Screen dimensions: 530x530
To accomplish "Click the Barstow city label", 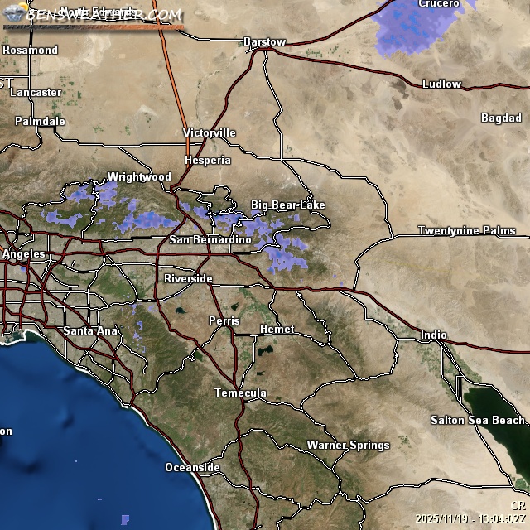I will pyautogui.click(x=264, y=41).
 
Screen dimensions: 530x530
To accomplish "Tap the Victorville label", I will pyautogui.click(x=210, y=132).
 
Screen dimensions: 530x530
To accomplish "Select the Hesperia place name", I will pyautogui.click(x=208, y=160).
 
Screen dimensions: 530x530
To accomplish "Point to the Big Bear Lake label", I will pyautogui.click(x=288, y=205).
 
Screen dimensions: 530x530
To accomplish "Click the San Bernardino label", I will pyautogui.click(x=210, y=239).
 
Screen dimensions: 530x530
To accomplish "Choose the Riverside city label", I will pyautogui.click(x=188, y=278).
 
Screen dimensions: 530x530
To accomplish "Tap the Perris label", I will pyautogui.click(x=224, y=320).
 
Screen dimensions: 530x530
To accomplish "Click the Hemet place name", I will pyautogui.click(x=277, y=329).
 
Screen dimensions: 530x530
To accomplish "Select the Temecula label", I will pyautogui.click(x=240, y=393).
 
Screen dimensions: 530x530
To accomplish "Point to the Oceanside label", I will pyautogui.click(x=192, y=468).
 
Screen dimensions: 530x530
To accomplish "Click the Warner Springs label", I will pyautogui.click(x=348, y=446).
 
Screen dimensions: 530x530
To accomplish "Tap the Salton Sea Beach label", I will pyautogui.click(x=477, y=421).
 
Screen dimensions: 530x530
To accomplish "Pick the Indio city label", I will pyautogui.click(x=433, y=335).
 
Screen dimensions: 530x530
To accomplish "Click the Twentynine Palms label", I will pyautogui.click(x=466, y=230).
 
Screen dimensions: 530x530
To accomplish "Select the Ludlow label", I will pyautogui.click(x=441, y=84).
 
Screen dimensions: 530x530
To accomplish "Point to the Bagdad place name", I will pyautogui.click(x=501, y=118).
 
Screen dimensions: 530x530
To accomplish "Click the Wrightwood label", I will pyautogui.click(x=139, y=176).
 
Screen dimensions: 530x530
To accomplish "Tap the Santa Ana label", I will pyautogui.click(x=90, y=331).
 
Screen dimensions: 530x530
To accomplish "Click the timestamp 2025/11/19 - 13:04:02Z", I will pyautogui.click(x=471, y=518).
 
